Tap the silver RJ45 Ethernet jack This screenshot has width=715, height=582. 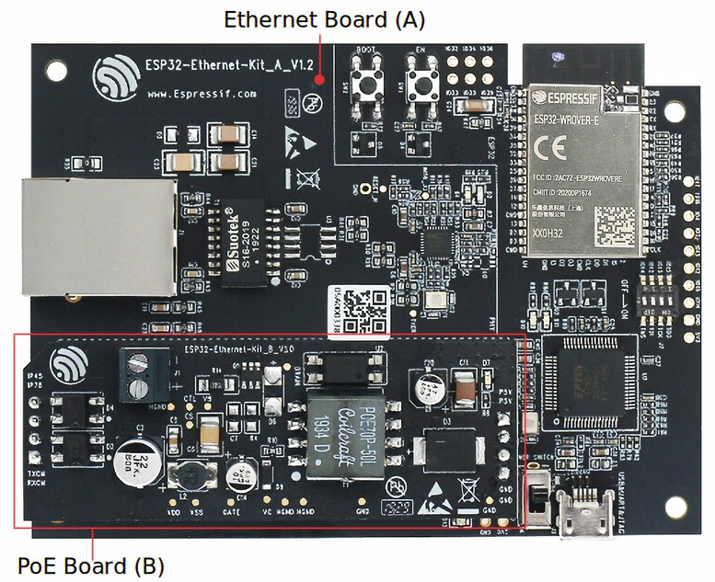(98, 236)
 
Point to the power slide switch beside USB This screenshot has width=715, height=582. (535, 496)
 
